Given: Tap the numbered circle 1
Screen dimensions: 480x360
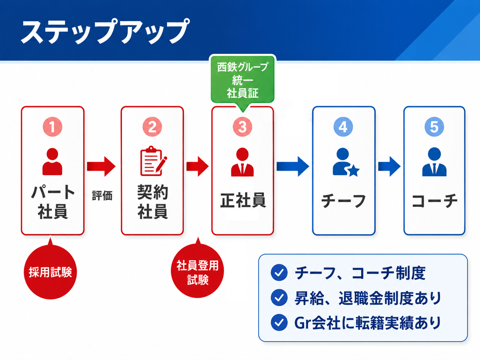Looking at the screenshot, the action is [52, 127].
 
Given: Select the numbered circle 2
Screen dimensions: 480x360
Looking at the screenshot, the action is [152, 127].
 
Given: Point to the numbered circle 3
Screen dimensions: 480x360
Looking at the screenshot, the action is [242, 127].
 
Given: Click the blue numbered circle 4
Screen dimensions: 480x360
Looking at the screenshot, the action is [343, 127].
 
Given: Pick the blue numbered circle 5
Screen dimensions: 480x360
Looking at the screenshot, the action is [434, 127].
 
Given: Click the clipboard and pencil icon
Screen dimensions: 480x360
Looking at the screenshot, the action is [153, 161].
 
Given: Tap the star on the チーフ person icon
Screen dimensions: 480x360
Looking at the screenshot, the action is [353, 171].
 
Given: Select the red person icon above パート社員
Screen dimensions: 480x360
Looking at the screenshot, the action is [52, 161].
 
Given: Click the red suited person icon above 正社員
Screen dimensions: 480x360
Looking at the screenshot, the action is [242, 162].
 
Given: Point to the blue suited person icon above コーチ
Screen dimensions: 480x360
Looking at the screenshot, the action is [434, 162].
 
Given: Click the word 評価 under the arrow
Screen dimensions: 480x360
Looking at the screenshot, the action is [102, 196].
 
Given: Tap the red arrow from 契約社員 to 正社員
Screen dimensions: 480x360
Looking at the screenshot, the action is [198, 166].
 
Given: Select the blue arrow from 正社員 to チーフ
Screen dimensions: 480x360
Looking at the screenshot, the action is [293, 166].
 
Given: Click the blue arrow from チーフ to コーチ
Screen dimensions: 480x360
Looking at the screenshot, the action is [389, 166].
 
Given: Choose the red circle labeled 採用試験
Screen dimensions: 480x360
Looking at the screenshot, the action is [50, 272].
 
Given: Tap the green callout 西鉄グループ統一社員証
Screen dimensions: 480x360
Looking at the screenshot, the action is [243, 80].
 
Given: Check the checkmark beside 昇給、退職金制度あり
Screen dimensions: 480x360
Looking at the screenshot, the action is [279, 297].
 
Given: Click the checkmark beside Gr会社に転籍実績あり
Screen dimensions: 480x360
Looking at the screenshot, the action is [279, 323].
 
